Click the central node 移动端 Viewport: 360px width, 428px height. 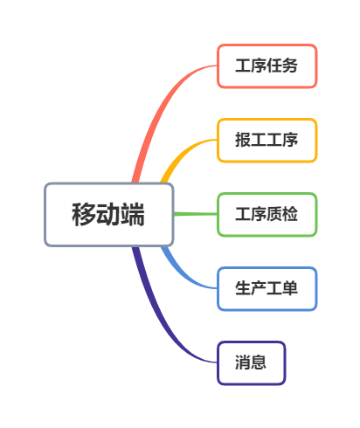[x=109, y=215]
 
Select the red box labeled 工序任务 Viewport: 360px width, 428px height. [x=267, y=66]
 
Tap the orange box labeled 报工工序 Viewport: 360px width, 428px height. [x=267, y=140]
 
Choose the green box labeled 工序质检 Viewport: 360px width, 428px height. [x=267, y=214]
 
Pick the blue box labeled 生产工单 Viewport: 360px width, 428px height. [x=267, y=288]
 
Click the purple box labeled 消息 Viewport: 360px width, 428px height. [x=251, y=362]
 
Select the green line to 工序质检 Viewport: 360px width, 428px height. [x=196, y=214]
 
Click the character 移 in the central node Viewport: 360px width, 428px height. [x=84, y=215]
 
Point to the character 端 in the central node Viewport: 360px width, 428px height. [x=133, y=215]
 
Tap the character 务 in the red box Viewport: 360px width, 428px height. [x=290, y=66]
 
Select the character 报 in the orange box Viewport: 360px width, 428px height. [x=243, y=140]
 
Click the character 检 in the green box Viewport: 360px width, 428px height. [x=290, y=214]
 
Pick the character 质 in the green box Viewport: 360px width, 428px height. [x=274, y=214]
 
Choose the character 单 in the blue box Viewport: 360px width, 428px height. [x=290, y=288]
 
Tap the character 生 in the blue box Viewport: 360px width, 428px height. [x=243, y=288]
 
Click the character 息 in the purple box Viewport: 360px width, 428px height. [x=259, y=362]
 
